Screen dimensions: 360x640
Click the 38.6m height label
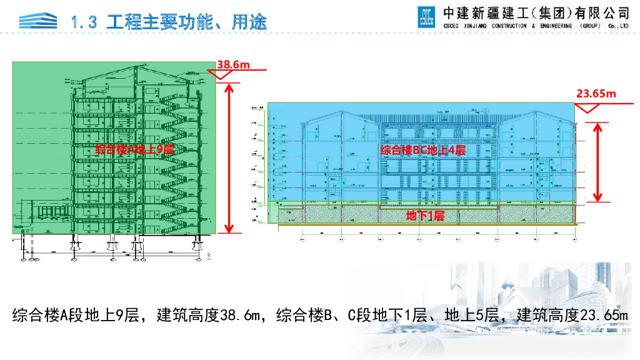click(233, 64)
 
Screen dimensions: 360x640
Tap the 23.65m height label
click(596, 94)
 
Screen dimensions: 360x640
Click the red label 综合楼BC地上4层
click(423, 150)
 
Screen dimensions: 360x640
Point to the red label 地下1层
click(425, 216)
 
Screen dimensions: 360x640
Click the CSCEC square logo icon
click(426, 17)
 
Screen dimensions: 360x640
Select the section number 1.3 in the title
click(85, 22)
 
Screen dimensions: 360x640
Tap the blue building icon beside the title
click(37, 21)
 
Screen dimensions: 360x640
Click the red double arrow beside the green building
click(229, 157)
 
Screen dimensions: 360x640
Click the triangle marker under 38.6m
click(219, 75)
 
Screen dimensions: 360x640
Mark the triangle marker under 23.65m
click(585, 108)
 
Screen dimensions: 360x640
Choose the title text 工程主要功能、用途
click(187, 22)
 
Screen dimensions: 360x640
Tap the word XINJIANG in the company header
click(469, 26)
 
